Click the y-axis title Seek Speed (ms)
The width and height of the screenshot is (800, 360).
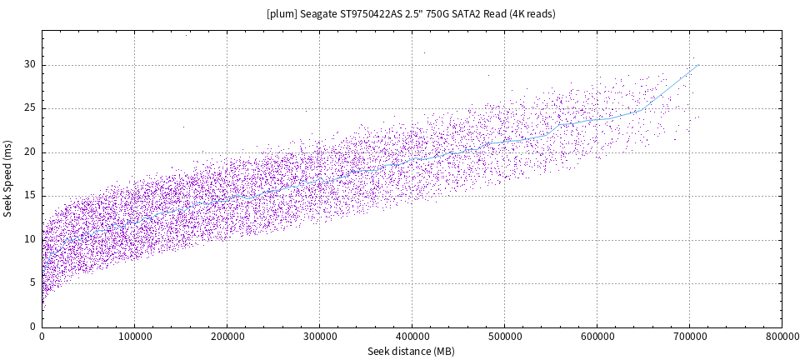click(x=8, y=179)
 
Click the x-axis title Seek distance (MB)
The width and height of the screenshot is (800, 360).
click(x=411, y=352)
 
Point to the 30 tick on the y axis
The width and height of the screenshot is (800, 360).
click(x=30, y=65)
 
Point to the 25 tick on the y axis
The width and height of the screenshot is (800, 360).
click(x=30, y=108)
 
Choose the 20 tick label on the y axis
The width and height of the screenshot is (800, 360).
click(x=30, y=152)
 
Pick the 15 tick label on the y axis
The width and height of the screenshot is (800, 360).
click(x=30, y=196)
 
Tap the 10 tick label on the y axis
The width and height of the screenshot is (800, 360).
click(x=30, y=239)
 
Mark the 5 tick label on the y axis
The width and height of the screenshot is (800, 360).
click(x=33, y=282)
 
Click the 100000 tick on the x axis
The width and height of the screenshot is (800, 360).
click(x=134, y=337)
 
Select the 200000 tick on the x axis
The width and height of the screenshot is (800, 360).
click(x=227, y=337)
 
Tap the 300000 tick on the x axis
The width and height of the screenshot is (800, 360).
click(x=319, y=337)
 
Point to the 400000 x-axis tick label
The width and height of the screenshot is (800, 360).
click(x=412, y=337)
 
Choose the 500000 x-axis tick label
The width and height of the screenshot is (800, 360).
click(x=504, y=337)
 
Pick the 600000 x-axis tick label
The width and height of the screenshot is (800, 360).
click(x=597, y=337)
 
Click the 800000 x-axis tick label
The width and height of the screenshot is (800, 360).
click(x=781, y=337)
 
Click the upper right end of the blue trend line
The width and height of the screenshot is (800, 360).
click(x=697, y=65)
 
